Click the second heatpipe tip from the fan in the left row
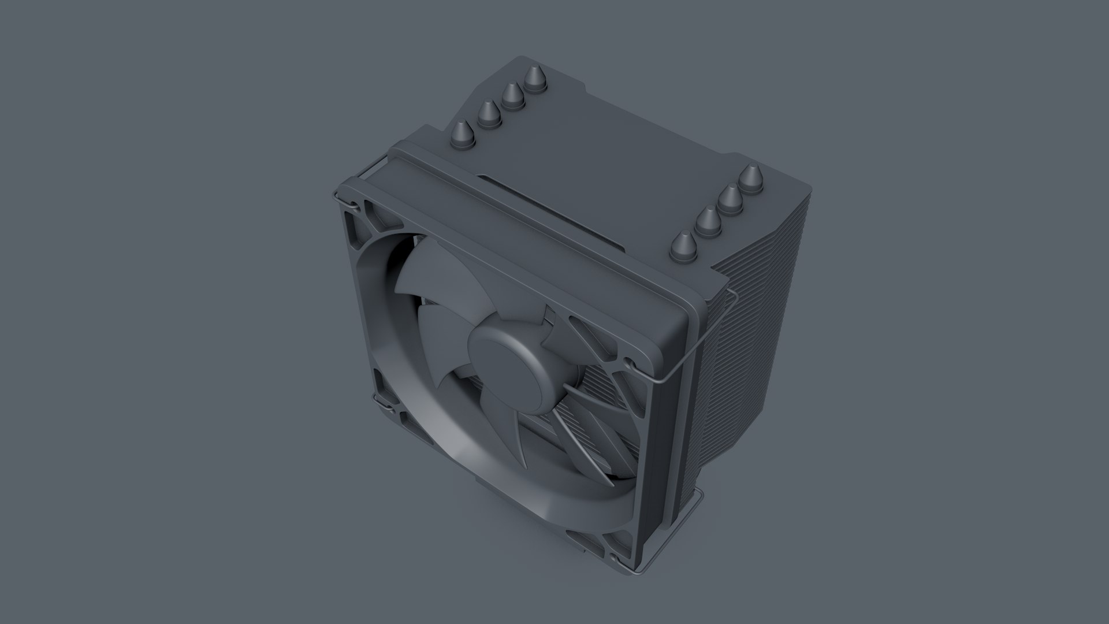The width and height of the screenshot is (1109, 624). pos(488,114)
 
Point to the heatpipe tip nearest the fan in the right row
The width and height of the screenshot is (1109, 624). pos(682,245)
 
